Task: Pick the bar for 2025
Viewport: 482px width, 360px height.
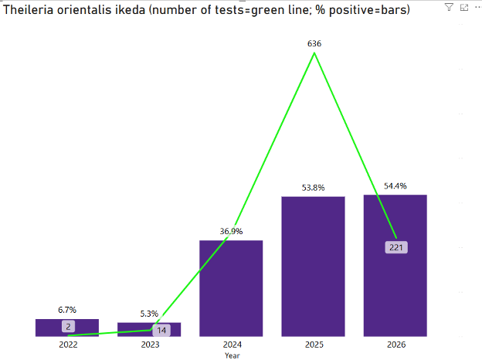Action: coord(313,267)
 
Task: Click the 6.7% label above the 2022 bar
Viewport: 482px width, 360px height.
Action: coord(67,310)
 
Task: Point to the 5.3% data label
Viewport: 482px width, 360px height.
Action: coord(149,314)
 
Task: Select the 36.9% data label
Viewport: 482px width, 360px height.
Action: coord(231,231)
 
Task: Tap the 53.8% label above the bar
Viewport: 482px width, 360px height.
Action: coord(313,188)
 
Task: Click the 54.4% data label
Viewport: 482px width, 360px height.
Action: coord(395,186)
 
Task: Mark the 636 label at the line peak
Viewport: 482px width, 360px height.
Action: coord(314,44)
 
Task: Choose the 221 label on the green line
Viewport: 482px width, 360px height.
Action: coord(395,247)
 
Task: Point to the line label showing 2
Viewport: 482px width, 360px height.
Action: coord(68,327)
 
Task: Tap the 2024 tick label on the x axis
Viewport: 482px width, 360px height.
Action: coord(231,345)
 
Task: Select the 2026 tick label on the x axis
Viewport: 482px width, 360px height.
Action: coord(395,345)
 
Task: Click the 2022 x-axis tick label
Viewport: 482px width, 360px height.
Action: coord(68,345)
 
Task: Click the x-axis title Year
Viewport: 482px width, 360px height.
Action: coord(232,355)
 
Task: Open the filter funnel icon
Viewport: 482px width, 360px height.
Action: coord(450,7)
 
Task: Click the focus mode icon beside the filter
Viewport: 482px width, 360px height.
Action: coord(463,7)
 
